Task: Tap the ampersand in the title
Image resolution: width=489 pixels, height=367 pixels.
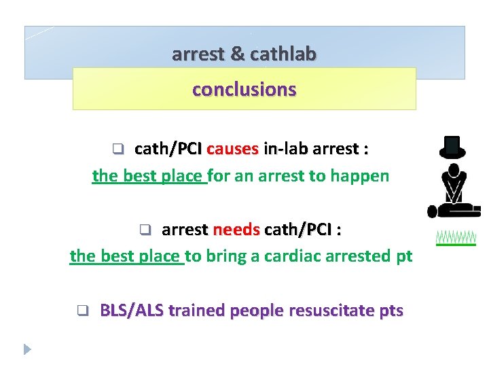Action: [x=238, y=54]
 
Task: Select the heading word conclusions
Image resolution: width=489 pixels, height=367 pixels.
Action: [x=244, y=90]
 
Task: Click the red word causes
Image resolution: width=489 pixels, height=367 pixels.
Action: [x=232, y=148]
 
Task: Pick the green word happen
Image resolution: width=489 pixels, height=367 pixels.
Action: [x=359, y=177]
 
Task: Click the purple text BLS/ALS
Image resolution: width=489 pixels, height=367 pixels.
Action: [x=132, y=311]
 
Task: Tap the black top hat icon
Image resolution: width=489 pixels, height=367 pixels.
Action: [x=452, y=146]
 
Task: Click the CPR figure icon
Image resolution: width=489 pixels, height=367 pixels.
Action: [x=450, y=191]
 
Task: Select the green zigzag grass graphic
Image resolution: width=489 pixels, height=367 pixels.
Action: [x=456, y=237]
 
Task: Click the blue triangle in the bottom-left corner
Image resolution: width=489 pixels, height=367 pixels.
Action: [x=27, y=349]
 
